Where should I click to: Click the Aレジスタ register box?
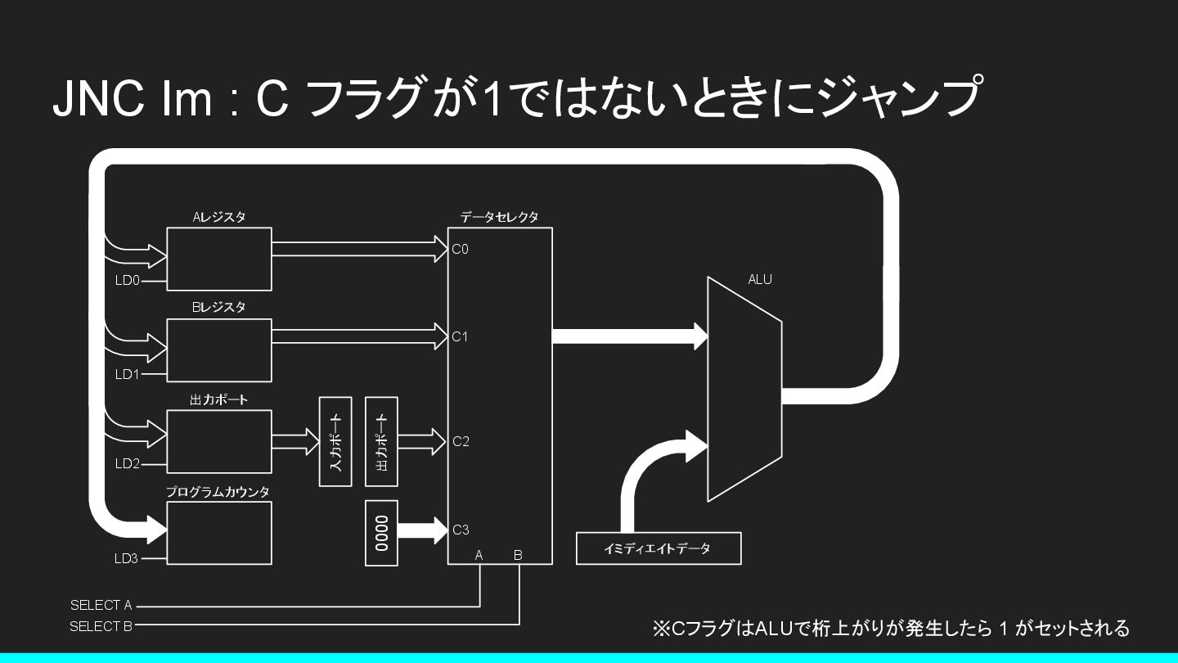(x=218, y=259)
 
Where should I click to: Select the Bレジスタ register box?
(x=218, y=350)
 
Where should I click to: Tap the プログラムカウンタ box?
(x=218, y=533)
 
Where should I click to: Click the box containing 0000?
(x=381, y=533)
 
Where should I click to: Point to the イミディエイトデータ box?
(x=658, y=548)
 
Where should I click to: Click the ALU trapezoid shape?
(x=744, y=389)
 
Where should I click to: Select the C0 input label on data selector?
(x=461, y=249)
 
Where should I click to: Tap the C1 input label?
(x=461, y=336)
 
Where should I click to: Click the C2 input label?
(x=461, y=442)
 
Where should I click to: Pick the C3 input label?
(x=461, y=530)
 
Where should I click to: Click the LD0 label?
(x=128, y=282)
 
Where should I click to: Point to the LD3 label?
(x=127, y=559)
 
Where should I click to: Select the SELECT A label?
(x=101, y=606)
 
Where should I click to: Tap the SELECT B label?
(x=101, y=627)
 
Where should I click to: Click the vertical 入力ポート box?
(x=335, y=442)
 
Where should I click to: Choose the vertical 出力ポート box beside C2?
(x=381, y=442)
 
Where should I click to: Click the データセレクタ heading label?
(x=499, y=218)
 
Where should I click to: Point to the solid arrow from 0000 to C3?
(x=422, y=530)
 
